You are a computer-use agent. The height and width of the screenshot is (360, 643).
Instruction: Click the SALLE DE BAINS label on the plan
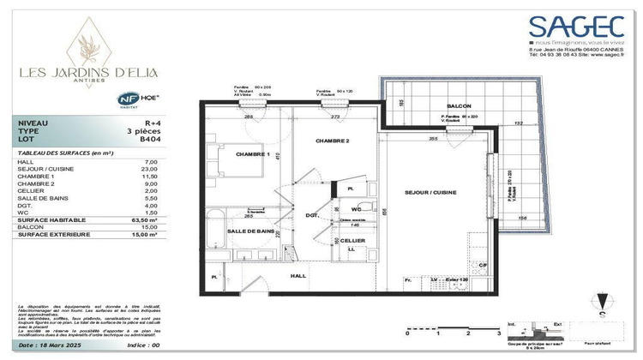(250, 231)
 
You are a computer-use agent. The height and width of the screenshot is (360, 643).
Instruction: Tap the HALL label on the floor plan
(297, 276)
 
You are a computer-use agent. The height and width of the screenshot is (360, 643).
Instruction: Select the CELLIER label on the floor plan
(352, 241)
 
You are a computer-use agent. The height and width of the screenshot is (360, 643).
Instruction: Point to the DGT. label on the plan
(312, 216)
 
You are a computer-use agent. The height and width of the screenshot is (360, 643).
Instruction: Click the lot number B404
(151, 138)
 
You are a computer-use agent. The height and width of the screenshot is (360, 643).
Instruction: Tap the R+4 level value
(152, 123)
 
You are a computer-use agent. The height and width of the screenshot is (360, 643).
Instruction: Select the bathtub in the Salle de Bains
(217, 225)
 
